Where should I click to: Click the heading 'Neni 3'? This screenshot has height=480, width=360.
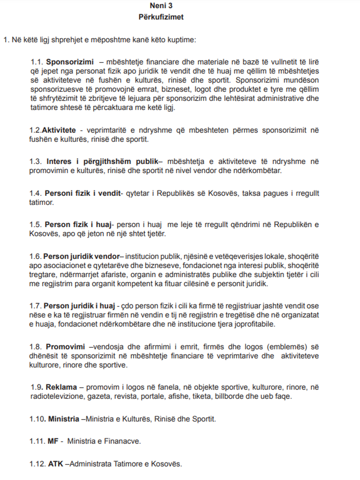tap(161, 6)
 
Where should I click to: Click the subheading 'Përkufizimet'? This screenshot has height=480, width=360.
tap(161, 17)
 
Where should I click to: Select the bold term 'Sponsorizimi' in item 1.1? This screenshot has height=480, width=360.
tap(70, 62)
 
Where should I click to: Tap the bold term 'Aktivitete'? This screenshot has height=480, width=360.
tap(59, 130)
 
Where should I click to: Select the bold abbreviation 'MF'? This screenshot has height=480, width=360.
tap(53, 441)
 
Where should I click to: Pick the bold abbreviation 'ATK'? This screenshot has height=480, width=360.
tap(55, 464)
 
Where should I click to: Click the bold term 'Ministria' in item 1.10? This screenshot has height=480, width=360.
tap(64, 419)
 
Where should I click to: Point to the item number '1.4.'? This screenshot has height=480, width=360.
tap(36, 193)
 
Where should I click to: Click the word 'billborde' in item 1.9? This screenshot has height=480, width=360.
tap(228, 396)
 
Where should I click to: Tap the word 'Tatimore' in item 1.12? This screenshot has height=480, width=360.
tap(127, 464)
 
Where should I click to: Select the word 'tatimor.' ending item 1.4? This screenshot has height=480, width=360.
tap(42, 202)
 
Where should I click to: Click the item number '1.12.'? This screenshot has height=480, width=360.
tap(37, 464)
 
